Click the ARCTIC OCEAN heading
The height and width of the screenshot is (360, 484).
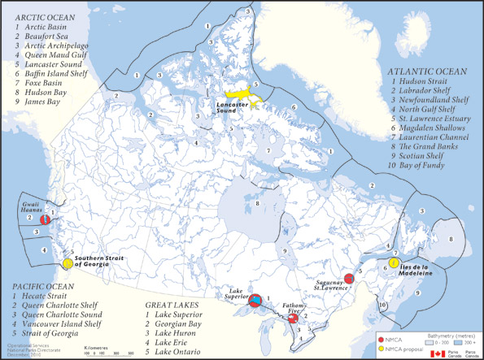(43, 17)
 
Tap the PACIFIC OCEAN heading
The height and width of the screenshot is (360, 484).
(45, 288)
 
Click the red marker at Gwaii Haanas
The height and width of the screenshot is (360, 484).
(47, 218)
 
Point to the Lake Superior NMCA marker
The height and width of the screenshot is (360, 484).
(256, 301)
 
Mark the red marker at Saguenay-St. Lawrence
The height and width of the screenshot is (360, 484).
(349, 279)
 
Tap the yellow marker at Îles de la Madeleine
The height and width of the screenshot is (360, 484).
(395, 262)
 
